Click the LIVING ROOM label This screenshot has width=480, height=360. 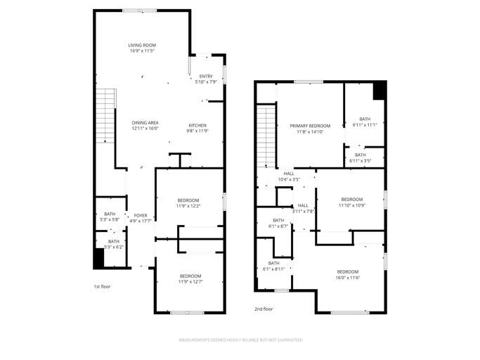tap(141, 46)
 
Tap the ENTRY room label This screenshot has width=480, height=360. tap(205, 76)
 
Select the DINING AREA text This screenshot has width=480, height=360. tap(145, 122)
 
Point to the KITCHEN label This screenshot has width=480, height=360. tap(197, 125)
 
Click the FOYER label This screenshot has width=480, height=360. tap(141, 215)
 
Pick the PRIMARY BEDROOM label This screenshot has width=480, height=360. tap(309, 126)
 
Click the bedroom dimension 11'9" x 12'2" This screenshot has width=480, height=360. tap(188, 206)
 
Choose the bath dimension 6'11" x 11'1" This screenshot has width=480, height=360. tap(365, 124)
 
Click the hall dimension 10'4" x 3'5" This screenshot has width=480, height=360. tap(289, 179)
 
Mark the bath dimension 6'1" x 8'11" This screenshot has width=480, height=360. tap(273, 269)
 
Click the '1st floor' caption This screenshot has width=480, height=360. tap(102, 286)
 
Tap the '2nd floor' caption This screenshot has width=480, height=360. tap(264, 308)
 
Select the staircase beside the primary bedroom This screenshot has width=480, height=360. tap(266, 135)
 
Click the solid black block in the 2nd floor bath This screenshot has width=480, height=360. tap(379, 91)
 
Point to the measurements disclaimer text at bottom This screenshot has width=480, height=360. tap(240, 340)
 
